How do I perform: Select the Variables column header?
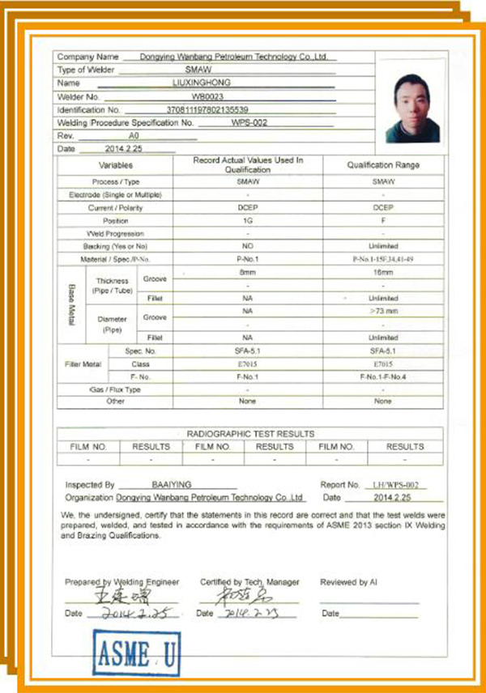[x=116, y=165]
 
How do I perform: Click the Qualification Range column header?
[x=383, y=165]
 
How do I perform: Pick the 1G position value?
[x=247, y=220]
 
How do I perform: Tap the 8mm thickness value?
[x=247, y=274]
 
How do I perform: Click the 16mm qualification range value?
[x=383, y=274]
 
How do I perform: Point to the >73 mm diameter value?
[x=383, y=310]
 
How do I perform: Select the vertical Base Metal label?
[x=70, y=305]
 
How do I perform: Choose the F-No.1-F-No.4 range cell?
[x=383, y=376]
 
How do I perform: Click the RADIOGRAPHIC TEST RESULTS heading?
[x=249, y=434]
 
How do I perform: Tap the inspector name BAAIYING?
[x=172, y=485]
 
